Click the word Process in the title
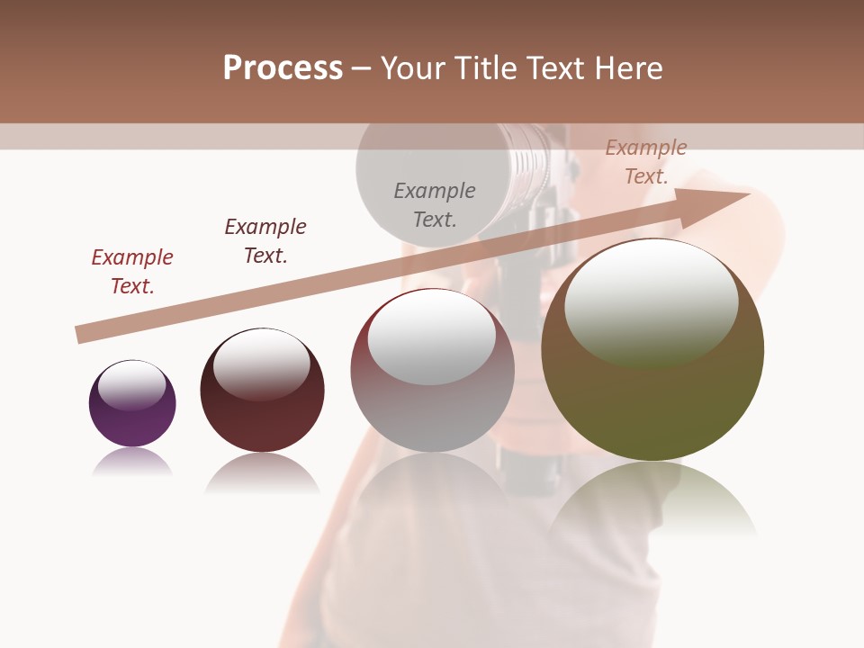(283, 68)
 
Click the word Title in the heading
(485, 68)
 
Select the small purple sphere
(132, 403)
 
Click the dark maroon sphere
(262, 391)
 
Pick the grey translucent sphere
(432, 370)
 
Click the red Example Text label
(132, 272)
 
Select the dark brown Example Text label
(265, 241)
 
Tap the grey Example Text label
(435, 205)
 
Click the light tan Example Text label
(646, 162)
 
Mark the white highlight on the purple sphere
(132, 384)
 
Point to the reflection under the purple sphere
(132, 463)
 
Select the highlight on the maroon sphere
(262, 362)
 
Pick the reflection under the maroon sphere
(262, 472)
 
